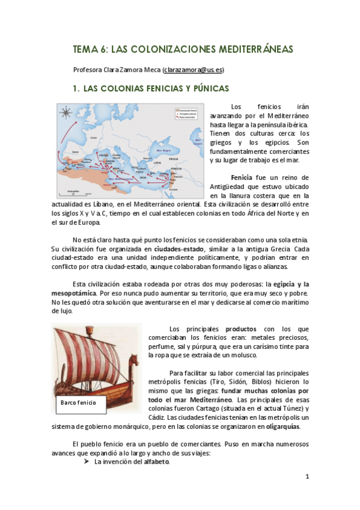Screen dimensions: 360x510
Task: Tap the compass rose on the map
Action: (x=66, y=112)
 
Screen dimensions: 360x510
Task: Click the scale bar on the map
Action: (x=72, y=192)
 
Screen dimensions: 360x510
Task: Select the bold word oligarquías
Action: (x=279, y=427)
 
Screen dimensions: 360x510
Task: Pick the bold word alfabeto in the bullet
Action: (x=156, y=462)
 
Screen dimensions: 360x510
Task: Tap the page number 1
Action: (x=307, y=477)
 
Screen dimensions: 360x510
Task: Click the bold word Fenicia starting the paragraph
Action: (x=242, y=178)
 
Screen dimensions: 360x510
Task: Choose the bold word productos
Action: (x=240, y=329)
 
